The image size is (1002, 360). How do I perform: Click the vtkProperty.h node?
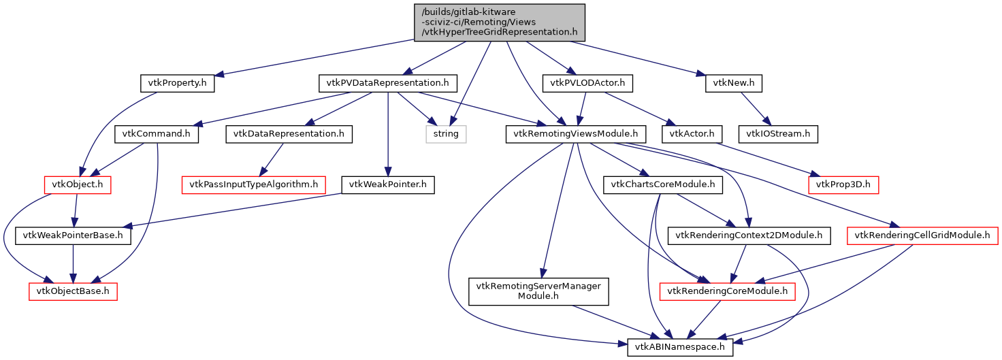[177, 84]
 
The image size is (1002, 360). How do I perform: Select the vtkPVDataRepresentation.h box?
[388, 84]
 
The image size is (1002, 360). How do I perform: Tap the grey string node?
[447, 134]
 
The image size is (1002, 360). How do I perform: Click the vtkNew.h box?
[734, 84]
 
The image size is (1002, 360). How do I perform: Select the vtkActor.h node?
[692, 134]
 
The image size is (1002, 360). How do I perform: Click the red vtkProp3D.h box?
[843, 184]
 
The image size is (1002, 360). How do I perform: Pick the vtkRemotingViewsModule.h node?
[576, 134]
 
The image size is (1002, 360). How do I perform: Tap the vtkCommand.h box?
[157, 134]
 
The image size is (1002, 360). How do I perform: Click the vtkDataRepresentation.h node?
[289, 134]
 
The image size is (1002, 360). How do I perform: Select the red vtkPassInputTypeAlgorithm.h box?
[253, 184]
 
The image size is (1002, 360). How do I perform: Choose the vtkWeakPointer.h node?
[387, 184]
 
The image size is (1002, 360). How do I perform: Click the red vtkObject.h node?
[78, 184]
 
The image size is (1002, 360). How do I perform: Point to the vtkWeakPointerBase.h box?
[73, 236]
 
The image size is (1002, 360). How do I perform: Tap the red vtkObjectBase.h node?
[73, 292]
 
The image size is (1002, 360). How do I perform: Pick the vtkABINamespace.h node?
[680, 347]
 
